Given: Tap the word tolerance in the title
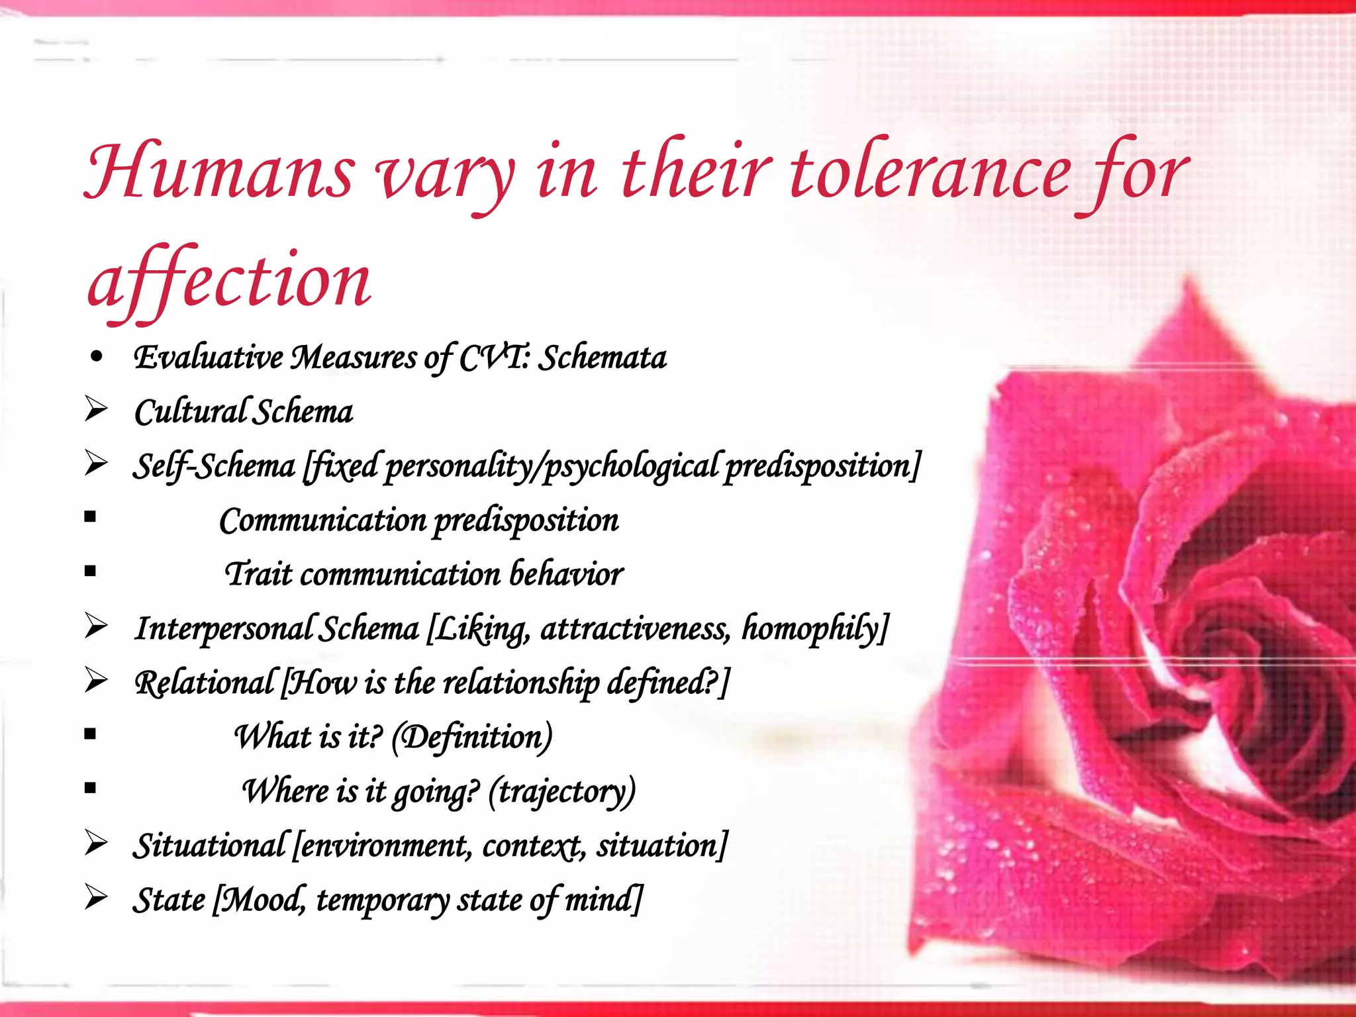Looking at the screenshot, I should coord(930,172).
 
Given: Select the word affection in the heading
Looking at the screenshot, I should coord(229,281).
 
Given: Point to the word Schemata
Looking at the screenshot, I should coord(602,358).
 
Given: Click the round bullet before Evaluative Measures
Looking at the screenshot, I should coord(97,358).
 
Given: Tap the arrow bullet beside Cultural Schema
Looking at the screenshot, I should coord(96,410).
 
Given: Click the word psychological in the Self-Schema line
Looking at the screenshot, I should coord(630,466).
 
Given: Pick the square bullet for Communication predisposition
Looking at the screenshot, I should coord(91,516).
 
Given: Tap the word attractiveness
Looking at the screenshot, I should coord(635,628).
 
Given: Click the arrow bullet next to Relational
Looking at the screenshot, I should coord(96,681).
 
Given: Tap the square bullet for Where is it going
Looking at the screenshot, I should coord(91,788).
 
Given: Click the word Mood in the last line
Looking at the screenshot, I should coord(261,900).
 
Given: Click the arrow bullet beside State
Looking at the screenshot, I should coord(96,898).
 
